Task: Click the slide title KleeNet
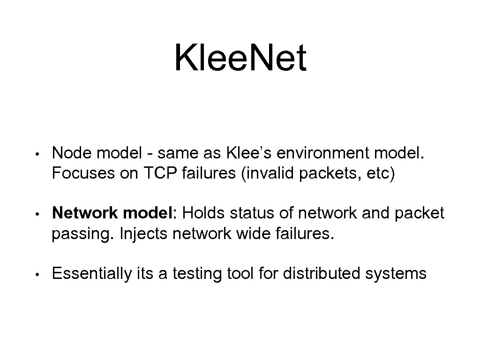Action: pyautogui.click(x=240, y=58)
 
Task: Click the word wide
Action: pyautogui.click(x=256, y=233)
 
